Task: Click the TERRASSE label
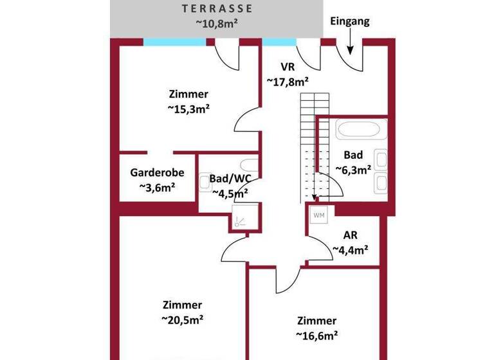tap(217, 8)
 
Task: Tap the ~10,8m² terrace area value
tap(217, 22)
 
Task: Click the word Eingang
tap(350, 21)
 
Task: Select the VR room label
tap(287, 67)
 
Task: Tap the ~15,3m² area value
tap(189, 109)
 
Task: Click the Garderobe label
tap(158, 172)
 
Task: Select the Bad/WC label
tap(230, 179)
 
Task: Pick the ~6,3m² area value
tap(353, 170)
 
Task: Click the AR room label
tap(350, 235)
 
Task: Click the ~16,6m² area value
tap(316, 335)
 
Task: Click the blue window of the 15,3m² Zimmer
tap(174, 42)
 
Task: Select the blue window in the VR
tap(279, 42)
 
